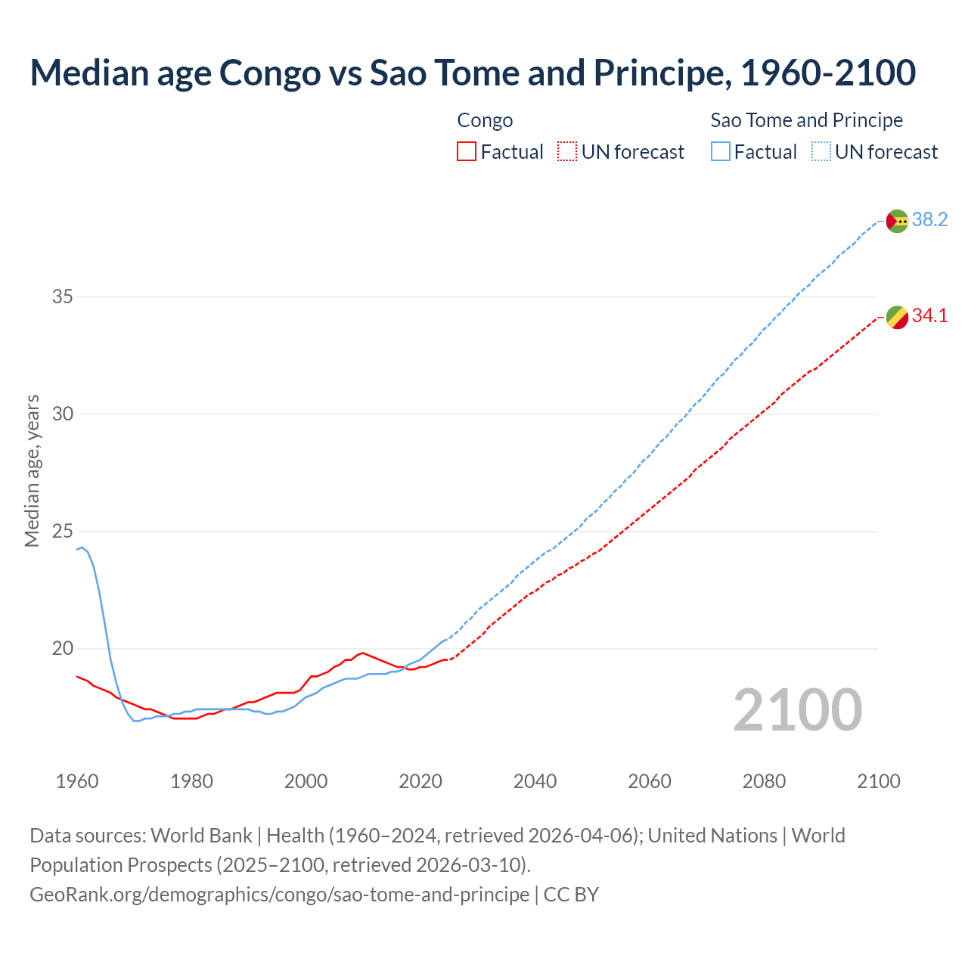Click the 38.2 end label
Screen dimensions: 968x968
pos(929,220)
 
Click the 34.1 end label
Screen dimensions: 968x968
pos(929,316)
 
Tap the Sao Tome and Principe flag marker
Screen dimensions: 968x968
pos(897,221)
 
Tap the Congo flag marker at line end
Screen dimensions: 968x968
pos(897,318)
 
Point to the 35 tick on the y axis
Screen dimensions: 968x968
pos(63,296)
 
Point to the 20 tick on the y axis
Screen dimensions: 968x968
pos(63,648)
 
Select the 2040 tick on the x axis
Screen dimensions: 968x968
pos(535,781)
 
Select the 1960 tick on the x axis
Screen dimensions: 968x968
pos(77,781)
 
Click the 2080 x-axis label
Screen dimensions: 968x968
pos(764,781)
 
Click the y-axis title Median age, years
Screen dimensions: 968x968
pos(32,470)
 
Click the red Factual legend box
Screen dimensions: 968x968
pos(467,152)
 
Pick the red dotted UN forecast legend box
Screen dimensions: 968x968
pos(567,152)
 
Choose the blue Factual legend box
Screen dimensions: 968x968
pos(721,152)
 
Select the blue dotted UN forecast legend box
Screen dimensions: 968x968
pos(821,152)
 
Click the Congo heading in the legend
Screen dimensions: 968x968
pos(485,120)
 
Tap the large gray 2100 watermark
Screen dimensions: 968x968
pos(797,709)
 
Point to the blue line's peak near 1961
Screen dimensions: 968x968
pos(82,547)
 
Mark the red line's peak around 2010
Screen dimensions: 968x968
pos(363,653)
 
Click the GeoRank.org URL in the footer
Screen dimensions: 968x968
pos(280,895)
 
